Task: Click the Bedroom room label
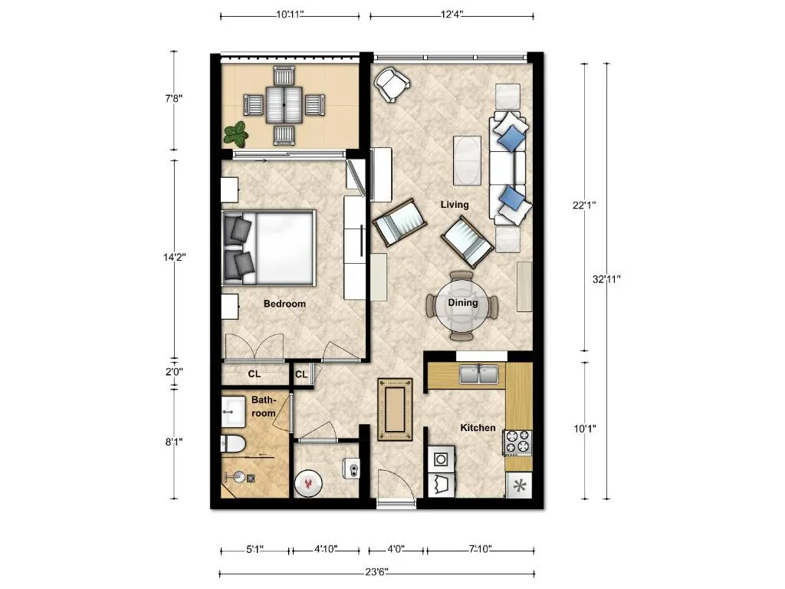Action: tap(284, 304)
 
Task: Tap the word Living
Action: tap(455, 204)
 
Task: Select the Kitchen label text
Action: tap(478, 428)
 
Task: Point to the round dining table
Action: tap(462, 306)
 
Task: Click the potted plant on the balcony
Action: tap(236, 134)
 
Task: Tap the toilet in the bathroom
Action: tap(233, 443)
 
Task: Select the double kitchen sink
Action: tap(479, 374)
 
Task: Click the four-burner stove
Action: tap(517, 443)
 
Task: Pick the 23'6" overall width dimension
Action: tap(376, 572)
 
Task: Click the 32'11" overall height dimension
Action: tap(607, 279)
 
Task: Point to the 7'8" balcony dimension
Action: tap(174, 98)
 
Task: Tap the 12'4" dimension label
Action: tap(452, 15)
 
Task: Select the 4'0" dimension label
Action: tap(396, 549)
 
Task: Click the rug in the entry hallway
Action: tap(395, 410)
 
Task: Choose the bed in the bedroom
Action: tap(269, 248)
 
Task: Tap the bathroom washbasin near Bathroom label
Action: tap(233, 412)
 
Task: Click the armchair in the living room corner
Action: tap(392, 84)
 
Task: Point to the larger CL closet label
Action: tap(255, 374)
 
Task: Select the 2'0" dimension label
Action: tap(174, 372)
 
